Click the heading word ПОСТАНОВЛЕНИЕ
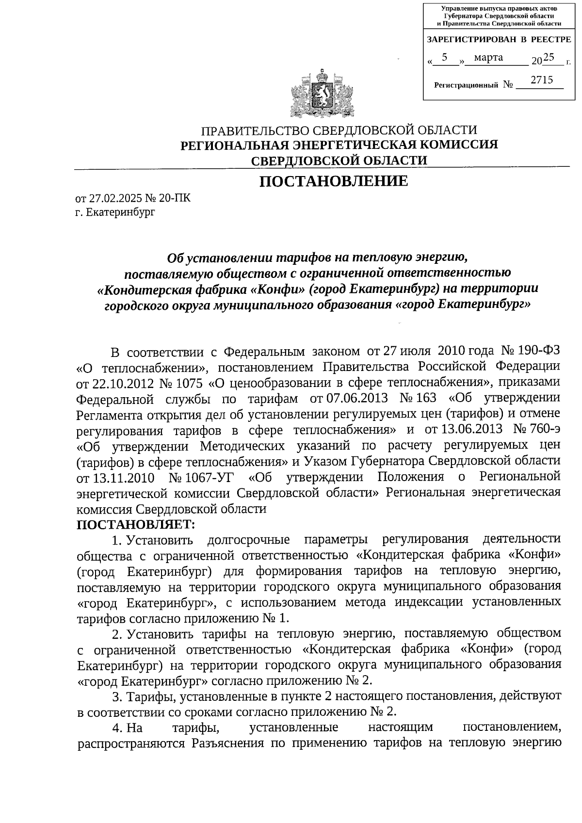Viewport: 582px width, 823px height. (x=333, y=181)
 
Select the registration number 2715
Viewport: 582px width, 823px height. (x=541, y=80)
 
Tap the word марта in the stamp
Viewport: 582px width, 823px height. (x=488, y=58)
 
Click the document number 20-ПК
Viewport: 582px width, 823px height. (x=174, y=198)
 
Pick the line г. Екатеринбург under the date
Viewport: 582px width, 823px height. (x=115, y=212)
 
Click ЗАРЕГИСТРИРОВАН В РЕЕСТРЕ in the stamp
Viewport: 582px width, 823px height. (x=499, y=39)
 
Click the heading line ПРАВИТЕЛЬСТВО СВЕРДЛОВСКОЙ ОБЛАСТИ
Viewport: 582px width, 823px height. (x=339, y=130)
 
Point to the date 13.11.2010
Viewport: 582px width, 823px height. (x=123, y=477)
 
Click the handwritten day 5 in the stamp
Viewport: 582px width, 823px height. (x=445, y=57)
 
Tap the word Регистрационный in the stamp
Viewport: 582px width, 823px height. (x=466, y=85)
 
